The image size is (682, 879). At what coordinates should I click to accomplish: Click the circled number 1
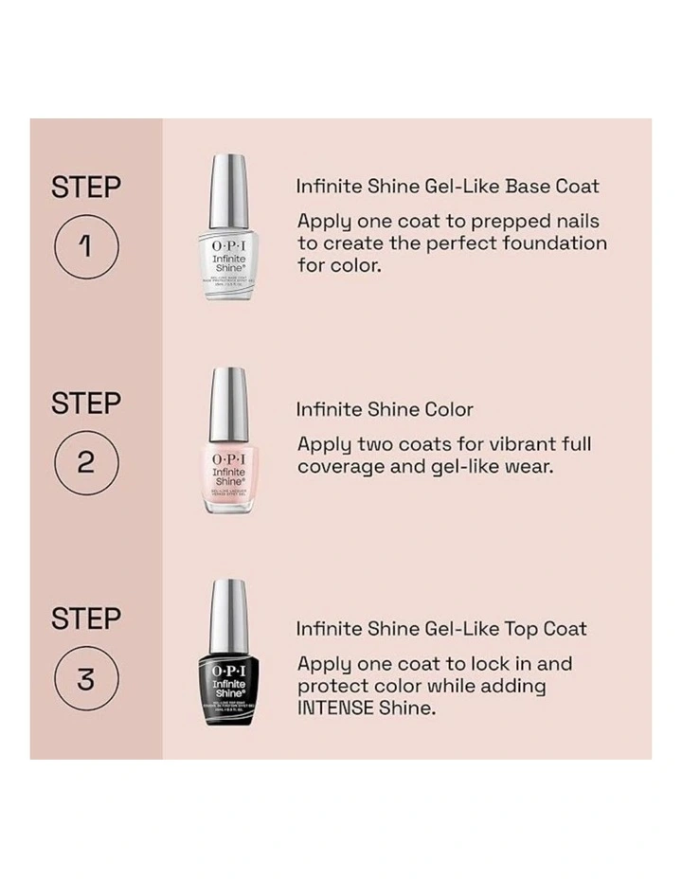[x=86, y=246]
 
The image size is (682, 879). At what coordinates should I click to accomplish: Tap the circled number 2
[x=86, y=462]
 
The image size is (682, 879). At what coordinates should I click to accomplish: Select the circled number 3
[x=86, y=678]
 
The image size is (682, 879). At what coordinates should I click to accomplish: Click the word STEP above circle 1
[x=86, y=187]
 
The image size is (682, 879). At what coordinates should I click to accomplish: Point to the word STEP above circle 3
[x=86, y=619]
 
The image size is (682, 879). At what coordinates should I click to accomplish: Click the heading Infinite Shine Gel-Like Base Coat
[x=447, y=187]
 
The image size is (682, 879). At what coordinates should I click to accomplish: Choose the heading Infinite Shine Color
[x=384, y=410]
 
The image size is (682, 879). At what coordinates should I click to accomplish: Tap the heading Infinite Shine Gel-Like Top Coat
[x=440, y=629]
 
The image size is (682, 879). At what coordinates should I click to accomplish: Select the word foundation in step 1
[x=552, y=243]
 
